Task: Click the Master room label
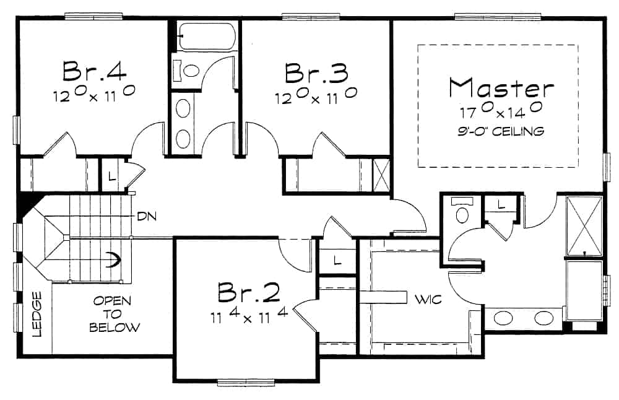[501, 88]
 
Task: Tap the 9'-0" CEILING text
[502, 131]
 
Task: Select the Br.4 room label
[95, 71]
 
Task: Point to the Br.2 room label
[249, 293]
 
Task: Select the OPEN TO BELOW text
[115, 314]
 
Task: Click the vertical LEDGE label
[37, 314]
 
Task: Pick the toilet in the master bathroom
[462, 214]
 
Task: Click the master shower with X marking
[584, 225]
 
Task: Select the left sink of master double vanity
[503, 319]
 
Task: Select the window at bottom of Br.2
[248, 382]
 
